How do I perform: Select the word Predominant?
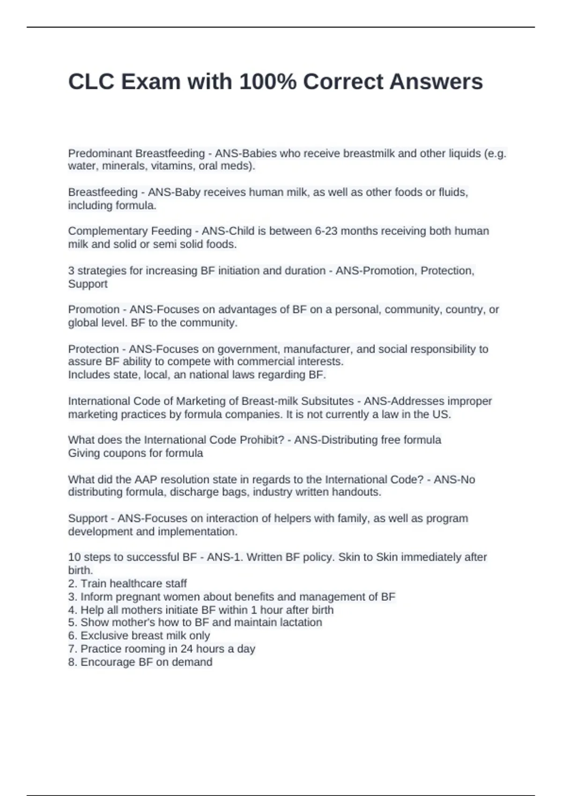tap(97, 153)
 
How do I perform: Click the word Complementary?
tap(107, 231)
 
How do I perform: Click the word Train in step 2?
tap(93, 583)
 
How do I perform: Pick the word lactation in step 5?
tap(301, 622)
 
